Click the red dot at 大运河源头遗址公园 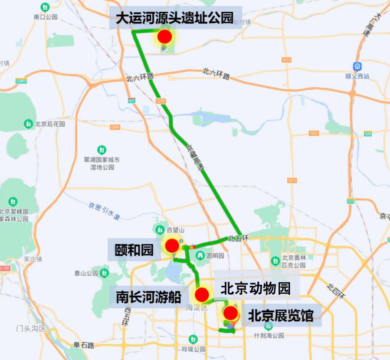click(x=165, y=36)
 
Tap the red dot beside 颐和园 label click(x=172, y=246)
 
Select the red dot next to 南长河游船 click(x=202, y=295)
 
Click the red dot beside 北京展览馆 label click(x=230, y=313)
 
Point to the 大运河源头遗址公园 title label click(x=175, y=18)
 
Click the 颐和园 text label click(x=134, y=250)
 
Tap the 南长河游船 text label click(x=148, y=297)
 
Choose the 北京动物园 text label click(x=256, y=289)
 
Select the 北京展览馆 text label click(x=280, y=316)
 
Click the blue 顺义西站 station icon click(x=357, y=67)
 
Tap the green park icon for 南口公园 click(x=45, y=7)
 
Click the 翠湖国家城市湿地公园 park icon click(x=102, y=149)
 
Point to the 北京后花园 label click(x=50, y=124)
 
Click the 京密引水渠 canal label click(x=104, y=211)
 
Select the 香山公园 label click(x=86, y=273)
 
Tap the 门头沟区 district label click(x=31, y=329)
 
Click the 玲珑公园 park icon click(x=193, y=339)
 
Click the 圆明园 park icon click(x=199, y=255)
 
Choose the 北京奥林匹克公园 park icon click(x=276, y=260)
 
